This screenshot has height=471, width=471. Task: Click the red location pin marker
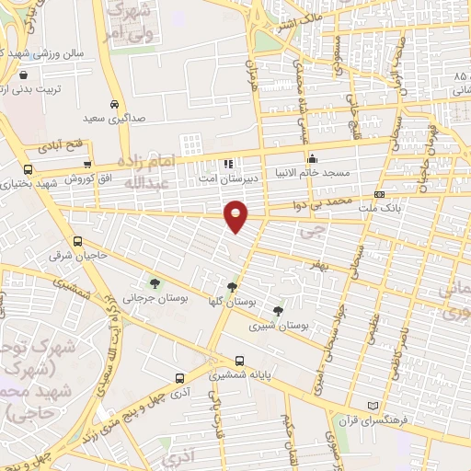point(236,215)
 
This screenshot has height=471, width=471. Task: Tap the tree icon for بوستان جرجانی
point(154,282)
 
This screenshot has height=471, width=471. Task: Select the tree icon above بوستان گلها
point(244,287)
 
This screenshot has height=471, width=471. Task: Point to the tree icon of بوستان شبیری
point(278,311)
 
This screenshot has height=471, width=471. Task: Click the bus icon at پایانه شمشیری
point(239,361)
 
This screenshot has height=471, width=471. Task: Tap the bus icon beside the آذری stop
point(179,377)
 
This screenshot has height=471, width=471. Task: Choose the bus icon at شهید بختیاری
point(28,169)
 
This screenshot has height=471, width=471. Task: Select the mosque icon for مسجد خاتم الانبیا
point(313,156)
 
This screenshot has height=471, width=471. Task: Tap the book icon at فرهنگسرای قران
point(373,406)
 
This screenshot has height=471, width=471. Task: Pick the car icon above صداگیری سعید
point(113,105)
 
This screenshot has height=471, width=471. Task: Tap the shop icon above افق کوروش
point(86,163)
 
